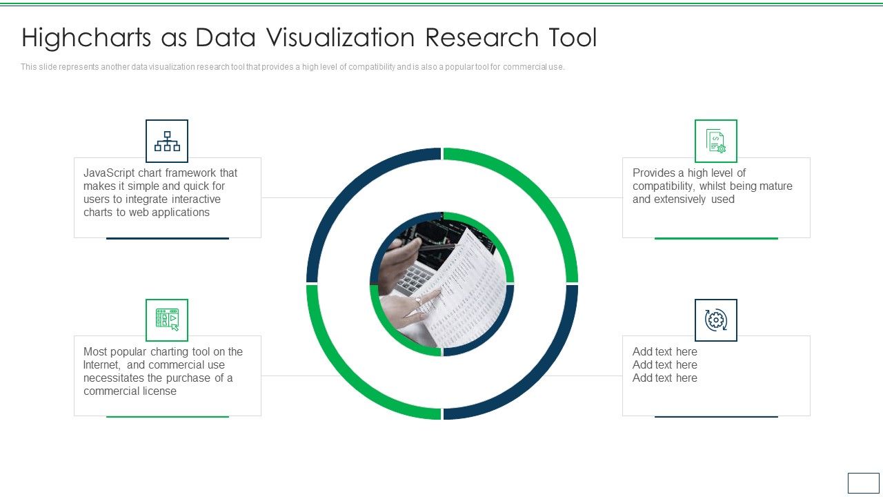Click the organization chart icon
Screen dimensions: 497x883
pos(167,141)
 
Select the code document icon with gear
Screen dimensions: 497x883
pos(715,141)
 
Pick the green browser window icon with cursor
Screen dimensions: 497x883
pos(167,320)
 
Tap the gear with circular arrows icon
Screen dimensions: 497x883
pos(715,320)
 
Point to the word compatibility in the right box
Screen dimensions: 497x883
pos(663,186)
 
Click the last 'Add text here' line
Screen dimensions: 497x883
pos(664,378)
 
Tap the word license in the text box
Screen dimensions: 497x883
pos(159,391)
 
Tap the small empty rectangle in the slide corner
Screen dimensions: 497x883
pos(863,483)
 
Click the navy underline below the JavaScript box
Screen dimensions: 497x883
pos(167,238)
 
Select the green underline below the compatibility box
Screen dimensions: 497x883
pos(715,238)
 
